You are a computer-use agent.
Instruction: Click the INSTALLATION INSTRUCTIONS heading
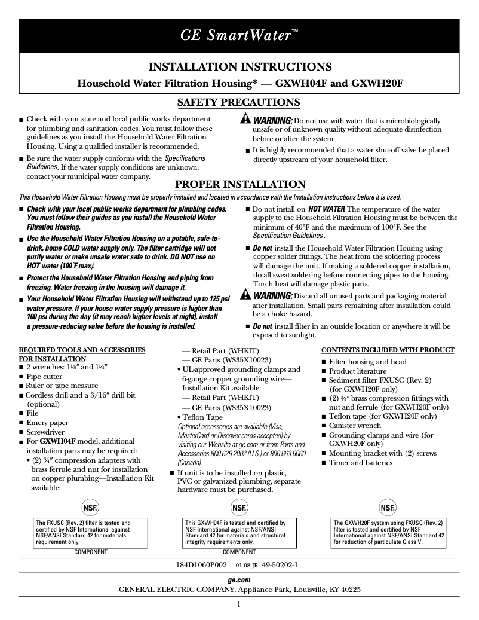tap(239, 66)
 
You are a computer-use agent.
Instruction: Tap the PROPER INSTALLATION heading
tap(239, 184)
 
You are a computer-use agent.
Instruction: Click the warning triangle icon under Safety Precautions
tap(245, 119)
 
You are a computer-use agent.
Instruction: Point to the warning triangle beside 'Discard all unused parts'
tap(245, 295)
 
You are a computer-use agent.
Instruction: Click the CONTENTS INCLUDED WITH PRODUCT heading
tap(388, 350)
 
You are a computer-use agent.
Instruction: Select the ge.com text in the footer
tap(239, 580)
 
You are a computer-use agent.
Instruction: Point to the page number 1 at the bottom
tap(238, 604)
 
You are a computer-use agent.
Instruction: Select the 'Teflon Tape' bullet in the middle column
tap(202, 417)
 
